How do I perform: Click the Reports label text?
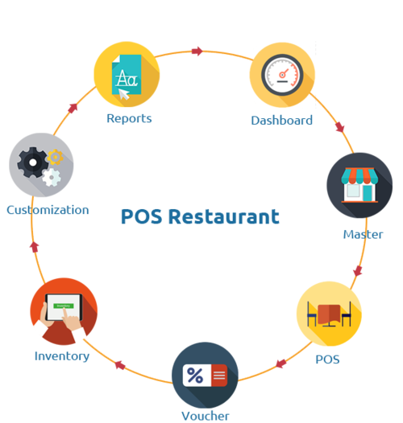129,118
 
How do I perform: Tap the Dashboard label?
282,121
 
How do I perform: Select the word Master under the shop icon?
363,234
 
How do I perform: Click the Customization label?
48,210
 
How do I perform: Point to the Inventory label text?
62,356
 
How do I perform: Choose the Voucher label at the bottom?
206,416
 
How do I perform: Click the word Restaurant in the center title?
224,216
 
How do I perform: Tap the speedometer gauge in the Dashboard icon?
282,75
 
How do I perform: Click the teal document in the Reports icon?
127,75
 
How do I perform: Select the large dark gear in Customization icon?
33,162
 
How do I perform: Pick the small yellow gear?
55,157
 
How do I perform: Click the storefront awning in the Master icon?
359,175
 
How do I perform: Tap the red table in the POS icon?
329,314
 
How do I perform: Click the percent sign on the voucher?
195,375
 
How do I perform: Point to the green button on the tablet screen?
64,306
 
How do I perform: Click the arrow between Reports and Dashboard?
197,51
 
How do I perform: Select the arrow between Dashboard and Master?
340,127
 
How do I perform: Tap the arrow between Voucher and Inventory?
120,365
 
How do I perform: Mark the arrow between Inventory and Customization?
35,247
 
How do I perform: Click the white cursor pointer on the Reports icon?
124,94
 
